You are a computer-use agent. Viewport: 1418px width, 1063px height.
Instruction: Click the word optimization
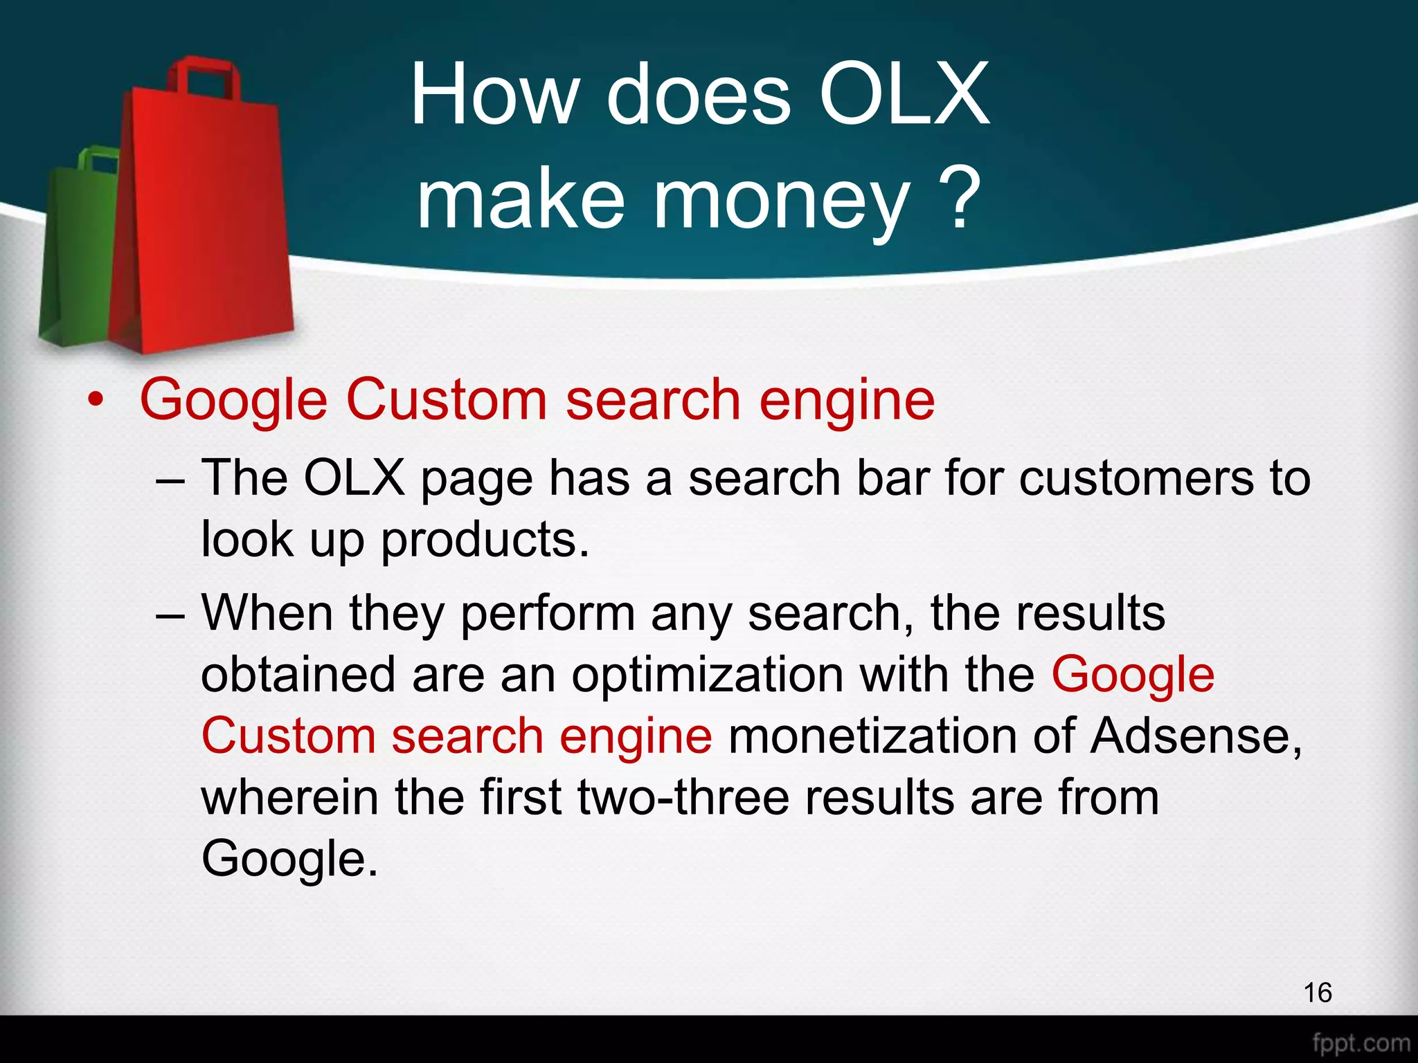[x=707, y=675]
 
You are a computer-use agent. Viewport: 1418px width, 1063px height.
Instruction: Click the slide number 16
[x=1317, y=992]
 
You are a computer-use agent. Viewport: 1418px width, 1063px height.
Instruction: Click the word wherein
[x=289, y=797]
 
